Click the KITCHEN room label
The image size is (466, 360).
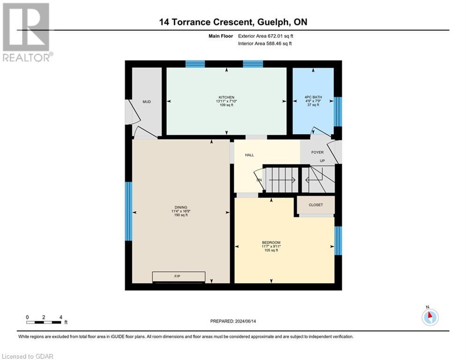[226, 97]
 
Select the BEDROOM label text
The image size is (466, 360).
[271, 242]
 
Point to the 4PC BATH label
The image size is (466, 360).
[313, 97]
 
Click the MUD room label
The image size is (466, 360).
[147, 101]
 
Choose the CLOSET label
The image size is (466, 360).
[316, 205]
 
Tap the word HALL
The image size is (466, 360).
[250, 155]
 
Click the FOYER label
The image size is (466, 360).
[318, 152]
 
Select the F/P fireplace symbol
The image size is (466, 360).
[178, 277]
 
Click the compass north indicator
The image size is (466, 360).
[429, 316]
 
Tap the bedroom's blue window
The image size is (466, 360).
[338, 240]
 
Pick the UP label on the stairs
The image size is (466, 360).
[322, 161]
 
